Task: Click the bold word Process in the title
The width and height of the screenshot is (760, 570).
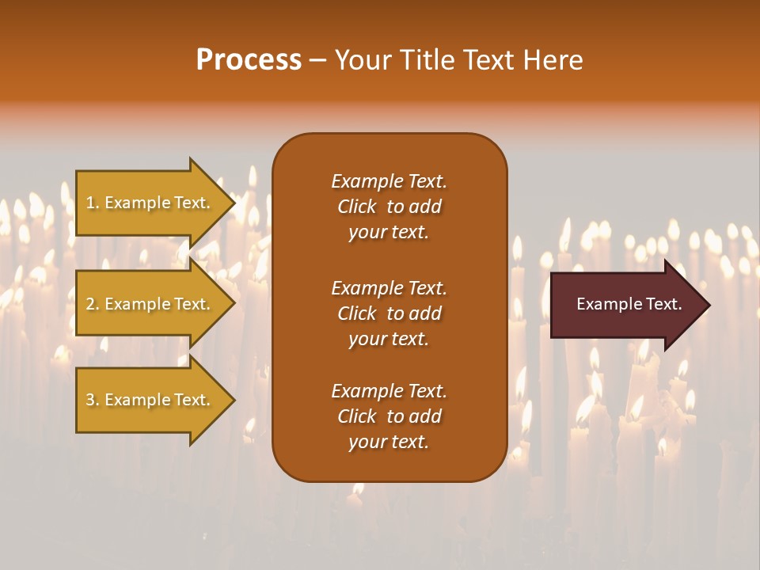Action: point(249,60)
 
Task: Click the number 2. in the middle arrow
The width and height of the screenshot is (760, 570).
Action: point(93,304)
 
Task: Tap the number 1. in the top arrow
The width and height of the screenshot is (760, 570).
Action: point(93,203)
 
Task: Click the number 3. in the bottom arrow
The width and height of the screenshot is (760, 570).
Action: point(93,400)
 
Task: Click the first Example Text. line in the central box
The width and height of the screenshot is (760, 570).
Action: point(389,181)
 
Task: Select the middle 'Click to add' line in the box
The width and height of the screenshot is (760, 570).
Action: point(389,313)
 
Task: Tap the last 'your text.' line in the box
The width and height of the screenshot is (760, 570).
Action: point(389,443)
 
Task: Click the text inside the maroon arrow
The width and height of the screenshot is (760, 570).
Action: point(629,304)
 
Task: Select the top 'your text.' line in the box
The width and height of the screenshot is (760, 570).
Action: point(389,233)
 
